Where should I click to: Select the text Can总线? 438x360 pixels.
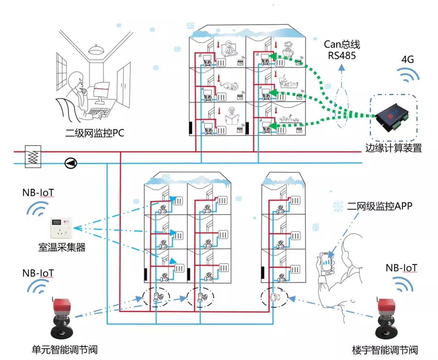point(342,44)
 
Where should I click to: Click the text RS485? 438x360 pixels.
point(342,55)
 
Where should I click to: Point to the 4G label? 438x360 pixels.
point(407,60)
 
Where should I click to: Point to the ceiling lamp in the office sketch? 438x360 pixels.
point(97,50)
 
